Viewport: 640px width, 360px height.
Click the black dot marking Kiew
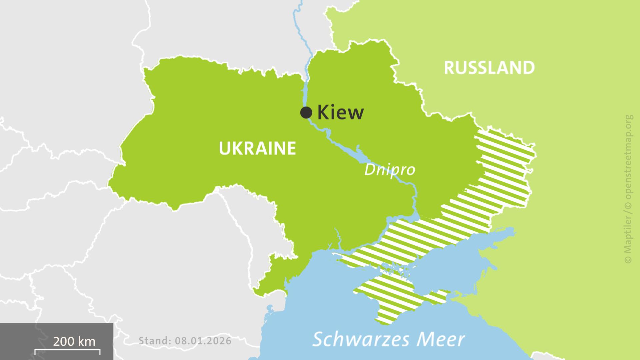tap(306, 112)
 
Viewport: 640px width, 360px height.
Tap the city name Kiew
tap(340, 112)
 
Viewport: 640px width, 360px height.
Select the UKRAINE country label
tap(257, 148)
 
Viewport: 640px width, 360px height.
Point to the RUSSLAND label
tap(489, 68)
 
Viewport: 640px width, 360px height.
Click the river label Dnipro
tap(389, 169)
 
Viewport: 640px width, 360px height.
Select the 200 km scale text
tap(74, 341)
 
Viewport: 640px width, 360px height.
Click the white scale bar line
tap(67, 350)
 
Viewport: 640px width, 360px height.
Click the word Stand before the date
tap(154, 341)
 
